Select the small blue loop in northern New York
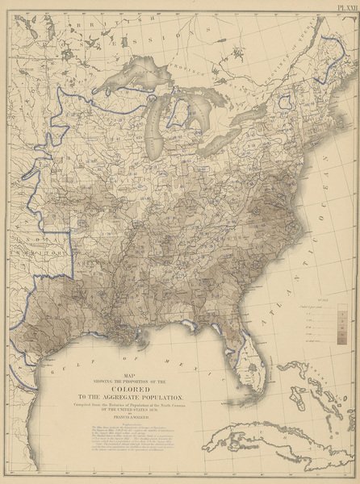(x=284, y=102)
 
